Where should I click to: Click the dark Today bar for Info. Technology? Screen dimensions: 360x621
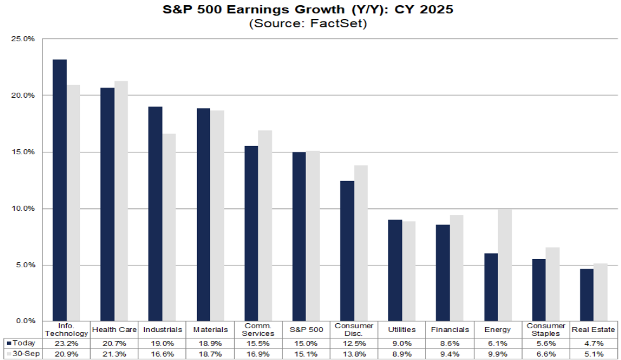pyautogui.click(x=60, y=190)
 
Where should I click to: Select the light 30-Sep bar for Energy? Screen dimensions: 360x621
pyautogui.click(x=505, y=265)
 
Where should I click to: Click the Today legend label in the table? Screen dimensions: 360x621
pyautogui.click(x=22, y=343)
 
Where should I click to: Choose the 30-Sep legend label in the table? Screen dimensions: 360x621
pyautogui.click(x=23, y=353)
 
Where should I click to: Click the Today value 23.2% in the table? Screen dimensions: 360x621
pyautogui.click(x=67, y=343)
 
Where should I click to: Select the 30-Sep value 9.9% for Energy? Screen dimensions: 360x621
pyautogui.click(x=498, y=353)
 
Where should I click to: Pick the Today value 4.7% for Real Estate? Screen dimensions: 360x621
pyautogui.click(x=594, y=343)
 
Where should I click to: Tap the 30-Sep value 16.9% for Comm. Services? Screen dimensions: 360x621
pyautogui.click(x=258, y=353)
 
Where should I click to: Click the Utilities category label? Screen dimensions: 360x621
pyautogui.click(x=402, y=330)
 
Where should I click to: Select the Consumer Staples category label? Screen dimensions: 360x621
pyautogui.click(x=545, y=330)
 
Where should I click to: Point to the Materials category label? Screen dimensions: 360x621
pyautogui.click(x=210, y=330)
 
